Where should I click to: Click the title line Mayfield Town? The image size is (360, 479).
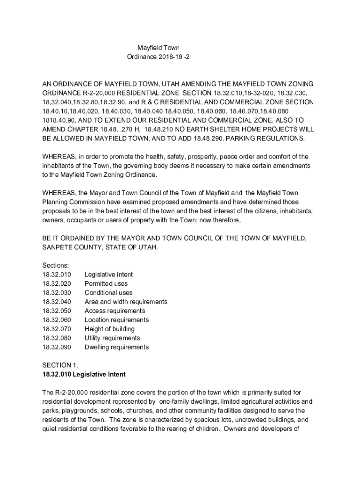[x=158, y=48]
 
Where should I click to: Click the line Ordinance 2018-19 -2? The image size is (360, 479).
[x=158, y=57]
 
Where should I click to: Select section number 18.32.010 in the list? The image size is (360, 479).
[x=56, y=275]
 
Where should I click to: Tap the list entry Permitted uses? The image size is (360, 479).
[x=106, y=283]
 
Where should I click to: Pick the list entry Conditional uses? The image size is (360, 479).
[x=108, y=293]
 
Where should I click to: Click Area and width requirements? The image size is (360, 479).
[x=126, y=302]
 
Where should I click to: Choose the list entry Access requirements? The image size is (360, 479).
[x=115, y=311]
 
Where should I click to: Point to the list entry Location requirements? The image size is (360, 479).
[x=116, y=320]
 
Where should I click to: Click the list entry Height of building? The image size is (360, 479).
[x=109, y=329]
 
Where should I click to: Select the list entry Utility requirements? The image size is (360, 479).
[x=112, y=338]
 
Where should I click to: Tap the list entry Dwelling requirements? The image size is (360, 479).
[x=116, y=347]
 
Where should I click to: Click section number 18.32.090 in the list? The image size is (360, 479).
[x=56, y=347]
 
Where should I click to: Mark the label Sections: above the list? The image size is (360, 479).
[x=56, y=265]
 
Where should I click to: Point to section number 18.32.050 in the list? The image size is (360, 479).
[x=56, y=311]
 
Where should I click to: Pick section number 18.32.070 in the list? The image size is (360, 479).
[x=56, y=329]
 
